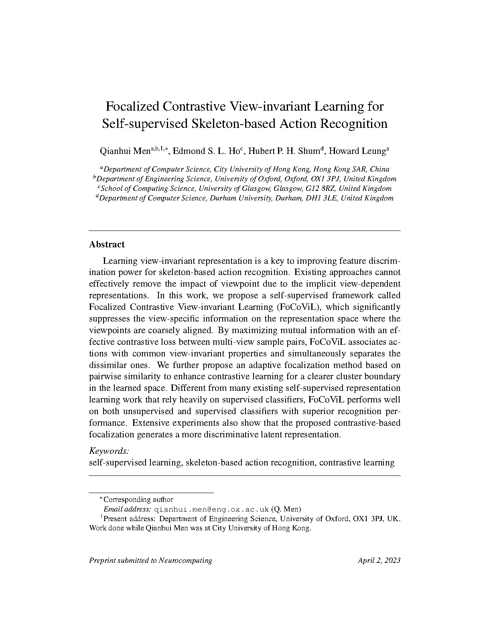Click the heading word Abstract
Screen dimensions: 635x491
point(107,245)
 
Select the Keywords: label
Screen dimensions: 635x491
point(109,451)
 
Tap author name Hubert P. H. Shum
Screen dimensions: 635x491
point(285,151)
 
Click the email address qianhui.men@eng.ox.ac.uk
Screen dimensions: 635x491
point(211,510)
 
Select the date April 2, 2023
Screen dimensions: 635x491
point(379,560)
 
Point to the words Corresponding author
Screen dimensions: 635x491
point(138,500)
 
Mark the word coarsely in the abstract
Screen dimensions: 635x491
point(170,331)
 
